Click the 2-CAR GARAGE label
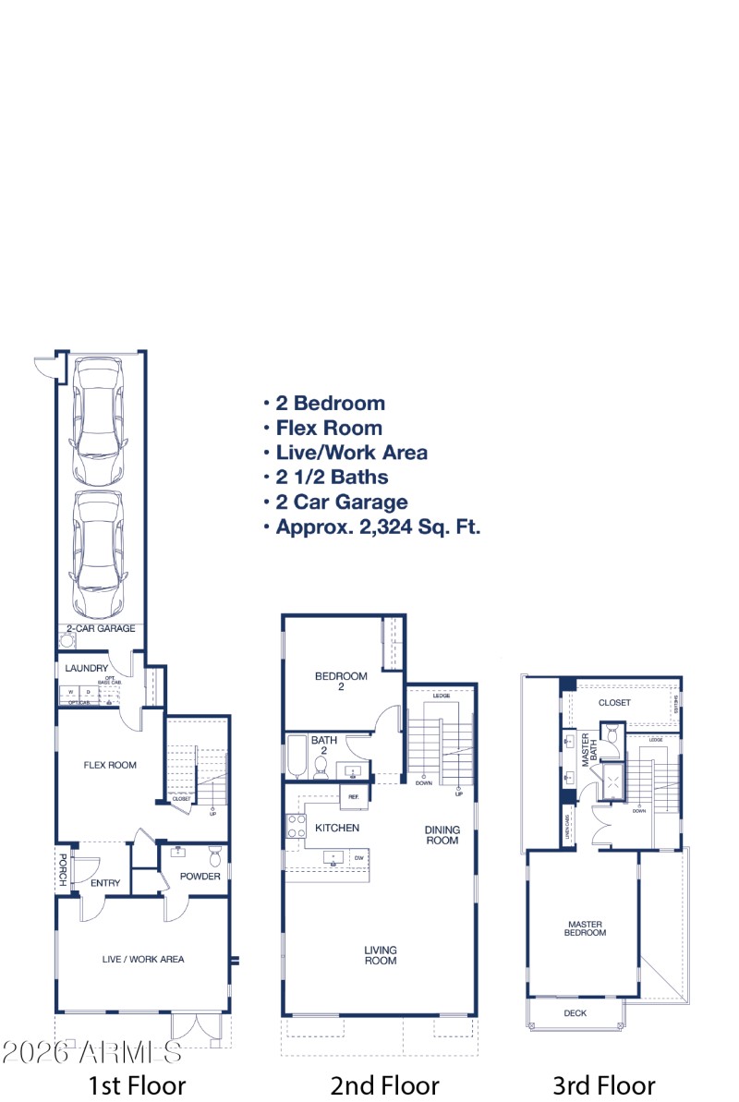point(101,629)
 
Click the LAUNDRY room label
point(87,668)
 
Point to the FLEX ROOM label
point(110,765)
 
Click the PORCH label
point(63,869)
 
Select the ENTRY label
point(105,883)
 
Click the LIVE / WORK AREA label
point(143,959)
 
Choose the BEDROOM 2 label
point(341,682)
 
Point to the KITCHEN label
point(337,828)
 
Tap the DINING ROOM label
point(442,835)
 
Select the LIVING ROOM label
point(380,955)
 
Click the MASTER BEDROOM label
point(585,927)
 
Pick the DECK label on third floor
point(575,1013)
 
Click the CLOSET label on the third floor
point(614,703)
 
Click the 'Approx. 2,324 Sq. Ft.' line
point(378,527)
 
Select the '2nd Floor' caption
point(384,1085)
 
